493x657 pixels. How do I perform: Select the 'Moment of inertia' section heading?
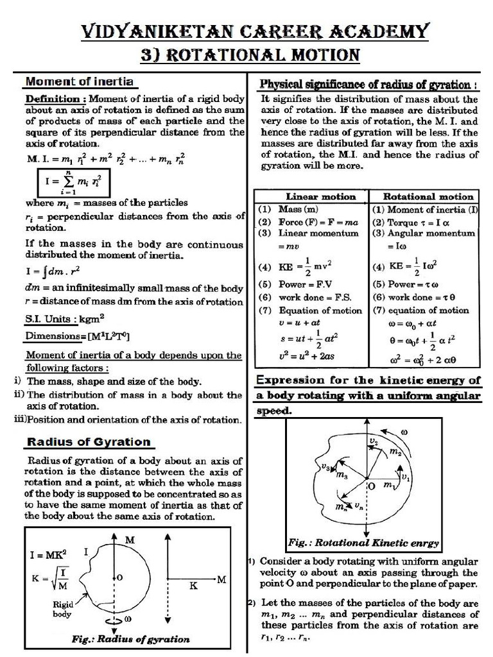[79, 81]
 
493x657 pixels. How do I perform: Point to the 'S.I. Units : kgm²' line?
[64, 318]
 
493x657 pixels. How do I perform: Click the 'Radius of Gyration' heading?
[88, 441]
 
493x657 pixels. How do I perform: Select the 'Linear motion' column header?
[311, 196]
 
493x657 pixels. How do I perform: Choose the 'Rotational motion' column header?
[428, 196]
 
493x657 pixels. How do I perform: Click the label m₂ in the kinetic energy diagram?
[395, 452]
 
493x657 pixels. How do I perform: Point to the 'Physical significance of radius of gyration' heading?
[367, 85]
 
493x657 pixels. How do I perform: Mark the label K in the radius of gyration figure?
[191, 585]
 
